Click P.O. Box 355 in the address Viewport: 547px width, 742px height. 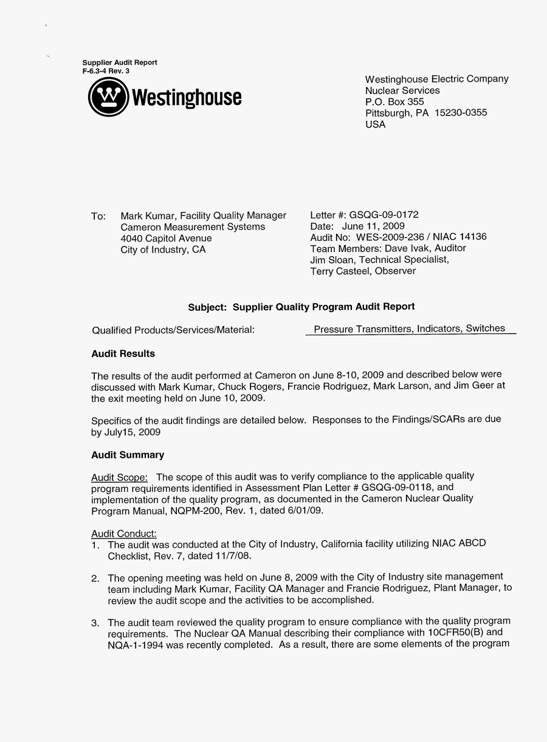(394, 101)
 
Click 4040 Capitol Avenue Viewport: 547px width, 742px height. (167, 238)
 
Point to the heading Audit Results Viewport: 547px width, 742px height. (123, 354)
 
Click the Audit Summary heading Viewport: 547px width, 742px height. (128, 455)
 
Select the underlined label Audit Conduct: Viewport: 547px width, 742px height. (124, 533)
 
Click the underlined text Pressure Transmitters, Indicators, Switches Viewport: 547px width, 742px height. (409, 329)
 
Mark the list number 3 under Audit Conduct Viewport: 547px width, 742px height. (95, 623)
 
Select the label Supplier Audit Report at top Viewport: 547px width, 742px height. (120, 63)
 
